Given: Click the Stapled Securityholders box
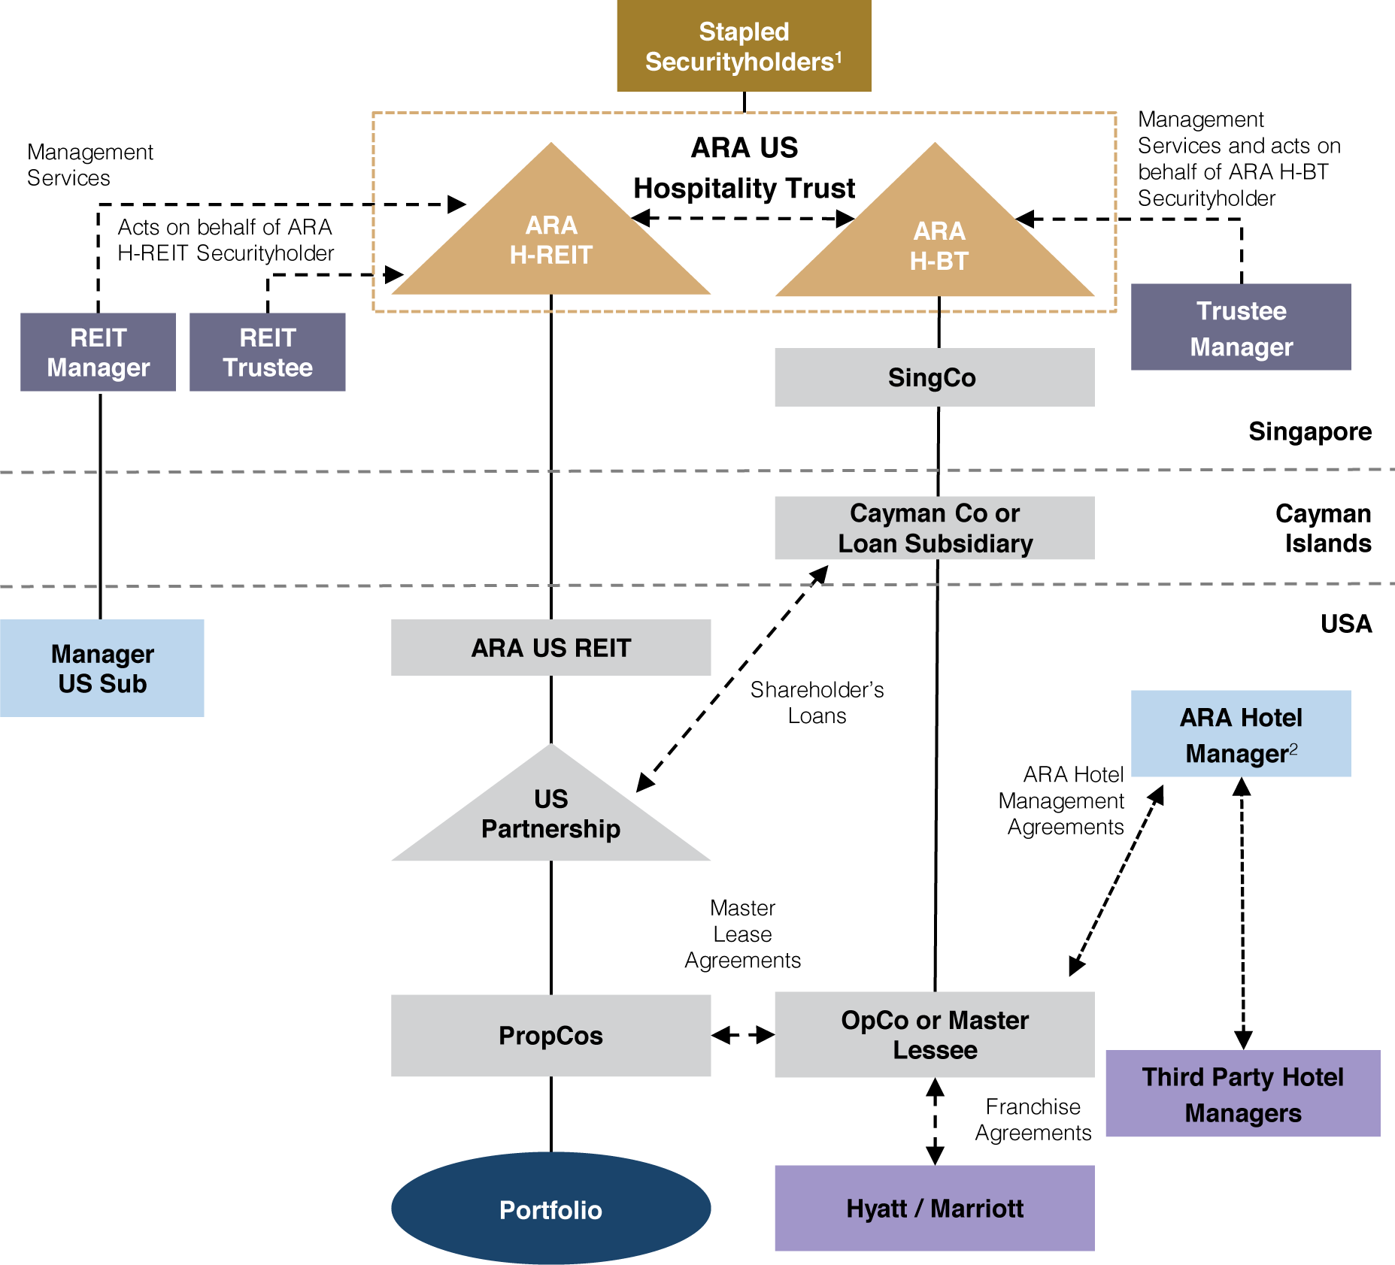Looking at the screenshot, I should [744, 46].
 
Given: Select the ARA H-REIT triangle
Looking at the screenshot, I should [551, 241].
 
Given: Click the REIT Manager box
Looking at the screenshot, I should [98, 352].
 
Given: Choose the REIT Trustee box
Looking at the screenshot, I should [267, 352].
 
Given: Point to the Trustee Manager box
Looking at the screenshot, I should [1241, 327].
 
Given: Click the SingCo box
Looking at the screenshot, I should [934, 377].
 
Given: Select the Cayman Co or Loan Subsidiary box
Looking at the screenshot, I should [934, 528].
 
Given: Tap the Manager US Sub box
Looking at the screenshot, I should [102, 668].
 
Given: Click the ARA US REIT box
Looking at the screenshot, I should [550, 647].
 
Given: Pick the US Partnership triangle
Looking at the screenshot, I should [550, 816].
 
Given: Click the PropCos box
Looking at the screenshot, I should [550, 1035].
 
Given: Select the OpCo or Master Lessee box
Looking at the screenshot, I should [934, 1034].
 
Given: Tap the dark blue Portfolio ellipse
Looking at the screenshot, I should [550, 1209].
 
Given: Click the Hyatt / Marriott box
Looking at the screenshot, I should [934, 1208].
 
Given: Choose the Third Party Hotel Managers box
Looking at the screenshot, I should [1242, 1094].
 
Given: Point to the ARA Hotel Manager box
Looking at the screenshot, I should [1241, 734].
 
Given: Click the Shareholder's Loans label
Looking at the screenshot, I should [817, 703].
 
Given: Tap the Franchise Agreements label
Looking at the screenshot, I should [1033, 1119].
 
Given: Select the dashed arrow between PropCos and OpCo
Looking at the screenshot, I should [743, 1035].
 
